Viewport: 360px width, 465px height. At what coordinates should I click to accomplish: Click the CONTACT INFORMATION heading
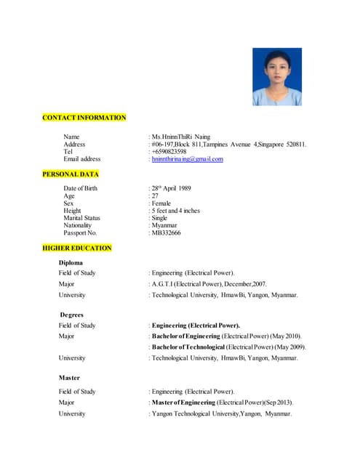click(84, 118)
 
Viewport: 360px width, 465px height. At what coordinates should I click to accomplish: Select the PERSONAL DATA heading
click(71, 174)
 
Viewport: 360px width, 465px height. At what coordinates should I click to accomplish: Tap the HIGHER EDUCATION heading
click(77, 248)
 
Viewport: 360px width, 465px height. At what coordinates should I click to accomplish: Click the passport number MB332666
click(167, 232)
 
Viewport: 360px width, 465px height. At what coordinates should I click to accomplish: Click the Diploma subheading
click(71, 262)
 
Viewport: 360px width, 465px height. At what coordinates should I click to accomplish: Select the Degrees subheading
click(71, 315)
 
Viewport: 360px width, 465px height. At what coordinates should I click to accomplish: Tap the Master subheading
click(69, 378)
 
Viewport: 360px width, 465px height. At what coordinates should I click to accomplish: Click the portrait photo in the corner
click(276, 77)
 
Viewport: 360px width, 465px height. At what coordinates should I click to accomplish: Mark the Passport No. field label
click(80, 232)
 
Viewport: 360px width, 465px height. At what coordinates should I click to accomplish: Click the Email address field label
click(82, 158)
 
